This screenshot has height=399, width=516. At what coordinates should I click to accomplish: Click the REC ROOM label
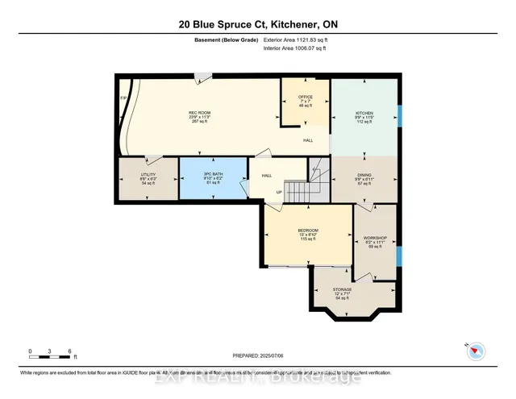pyautogui.click(x=199, y=112)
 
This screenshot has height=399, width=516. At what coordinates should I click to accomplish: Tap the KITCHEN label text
pyautogui.click(x=365, y=113)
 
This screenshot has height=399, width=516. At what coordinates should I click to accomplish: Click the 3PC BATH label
pyautogui.click(x=212, y=175)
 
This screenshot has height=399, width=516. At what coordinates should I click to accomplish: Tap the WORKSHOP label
pyautogui.click(x=376, y=238)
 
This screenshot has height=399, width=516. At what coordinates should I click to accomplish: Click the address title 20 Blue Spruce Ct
pyautogui.click(x=257, y=24)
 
